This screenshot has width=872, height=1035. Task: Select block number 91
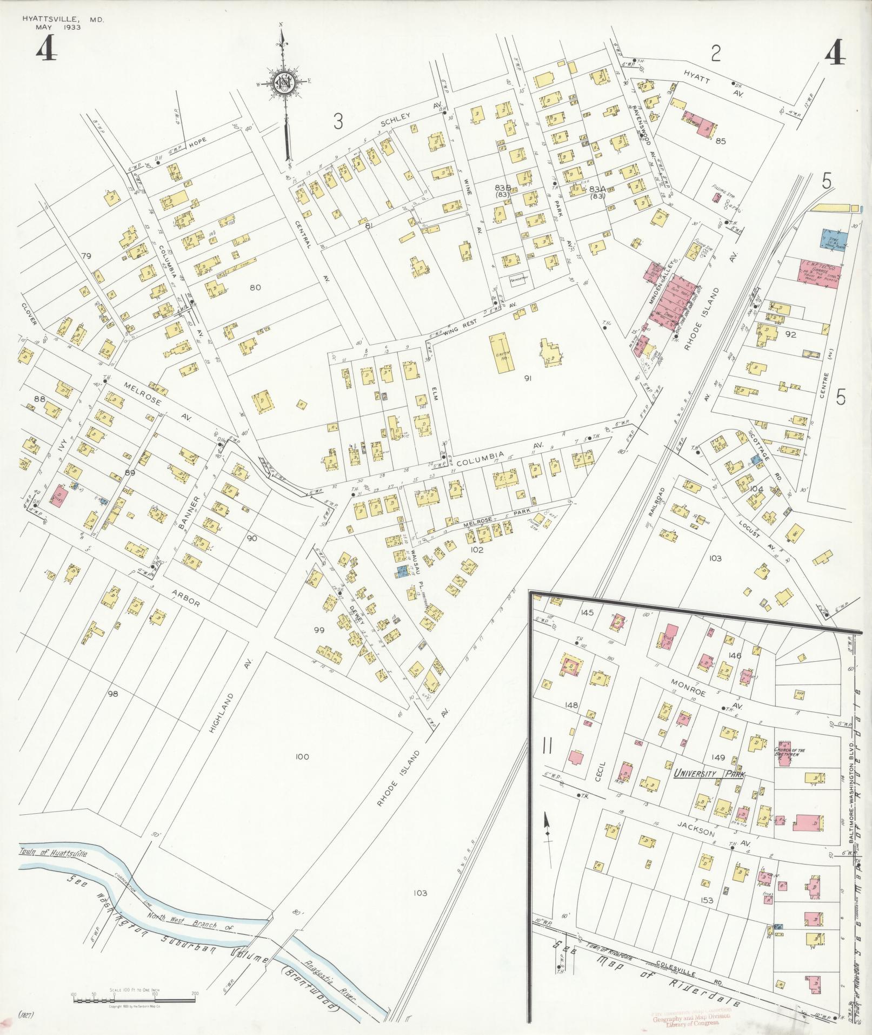[x=527, y=378]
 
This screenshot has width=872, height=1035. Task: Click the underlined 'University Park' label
[x=709, y=775]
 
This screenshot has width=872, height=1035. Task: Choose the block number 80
[x=255, y=287]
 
